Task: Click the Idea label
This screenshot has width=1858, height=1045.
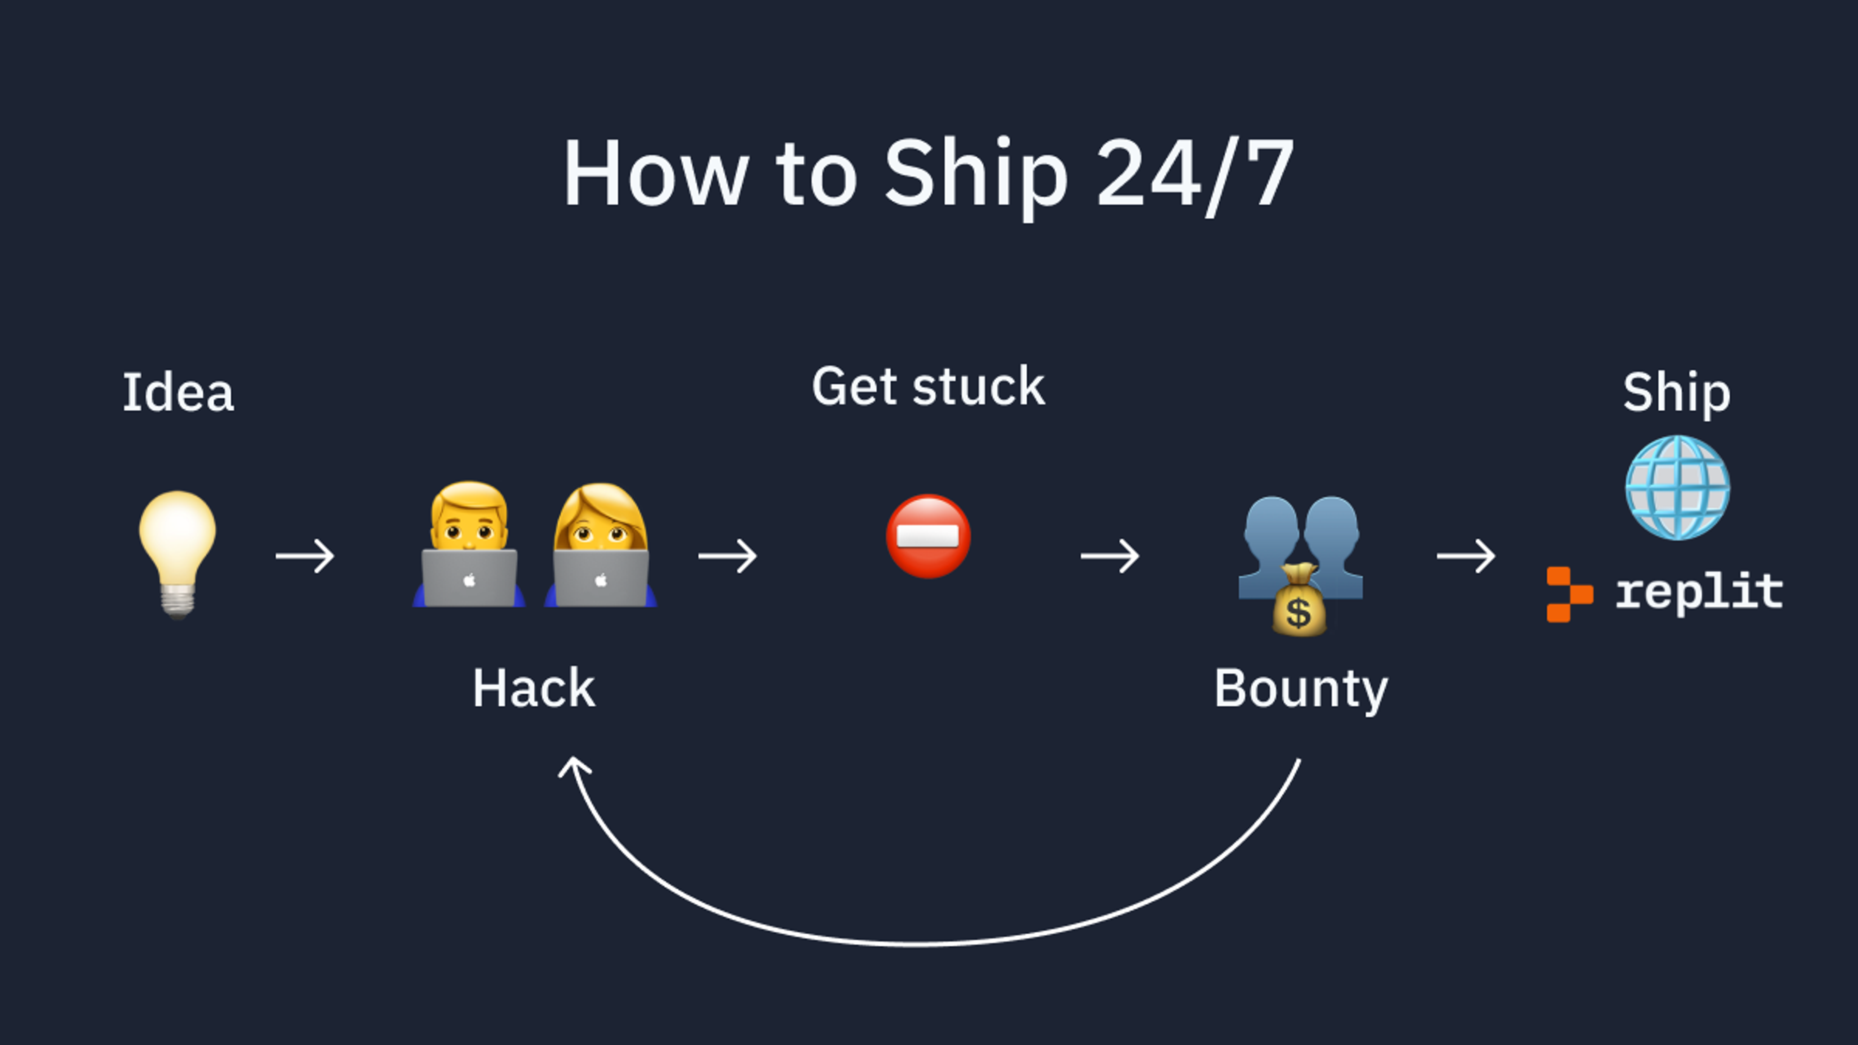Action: coord(178,393)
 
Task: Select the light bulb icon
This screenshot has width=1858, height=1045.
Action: coord(178,552)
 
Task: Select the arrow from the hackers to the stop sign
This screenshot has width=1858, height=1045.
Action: coord(728,556)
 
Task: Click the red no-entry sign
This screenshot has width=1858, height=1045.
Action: coord(929,537)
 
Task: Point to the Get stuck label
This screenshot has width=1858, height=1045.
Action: coord(929,387)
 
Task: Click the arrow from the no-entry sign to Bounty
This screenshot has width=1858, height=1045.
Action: coord(1110,556)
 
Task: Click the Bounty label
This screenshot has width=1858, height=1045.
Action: coord(1301,689)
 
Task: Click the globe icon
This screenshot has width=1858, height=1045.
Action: coord(1677,488)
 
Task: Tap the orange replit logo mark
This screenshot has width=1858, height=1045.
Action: coord(1568,594)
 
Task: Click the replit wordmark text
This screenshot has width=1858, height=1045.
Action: coord(1699,593)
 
